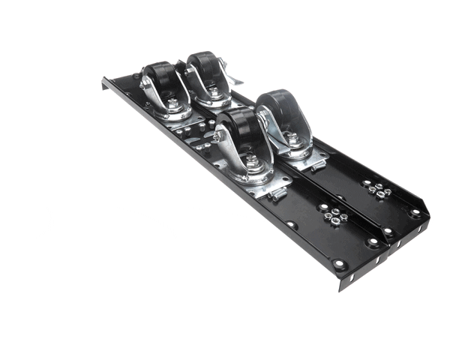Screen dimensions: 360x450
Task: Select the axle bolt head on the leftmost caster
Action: point(144,85)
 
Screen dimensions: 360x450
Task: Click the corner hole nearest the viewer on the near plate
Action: point(340,264)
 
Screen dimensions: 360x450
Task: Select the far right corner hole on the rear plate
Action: point(415,213)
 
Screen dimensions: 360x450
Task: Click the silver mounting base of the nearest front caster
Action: point(259,180)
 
